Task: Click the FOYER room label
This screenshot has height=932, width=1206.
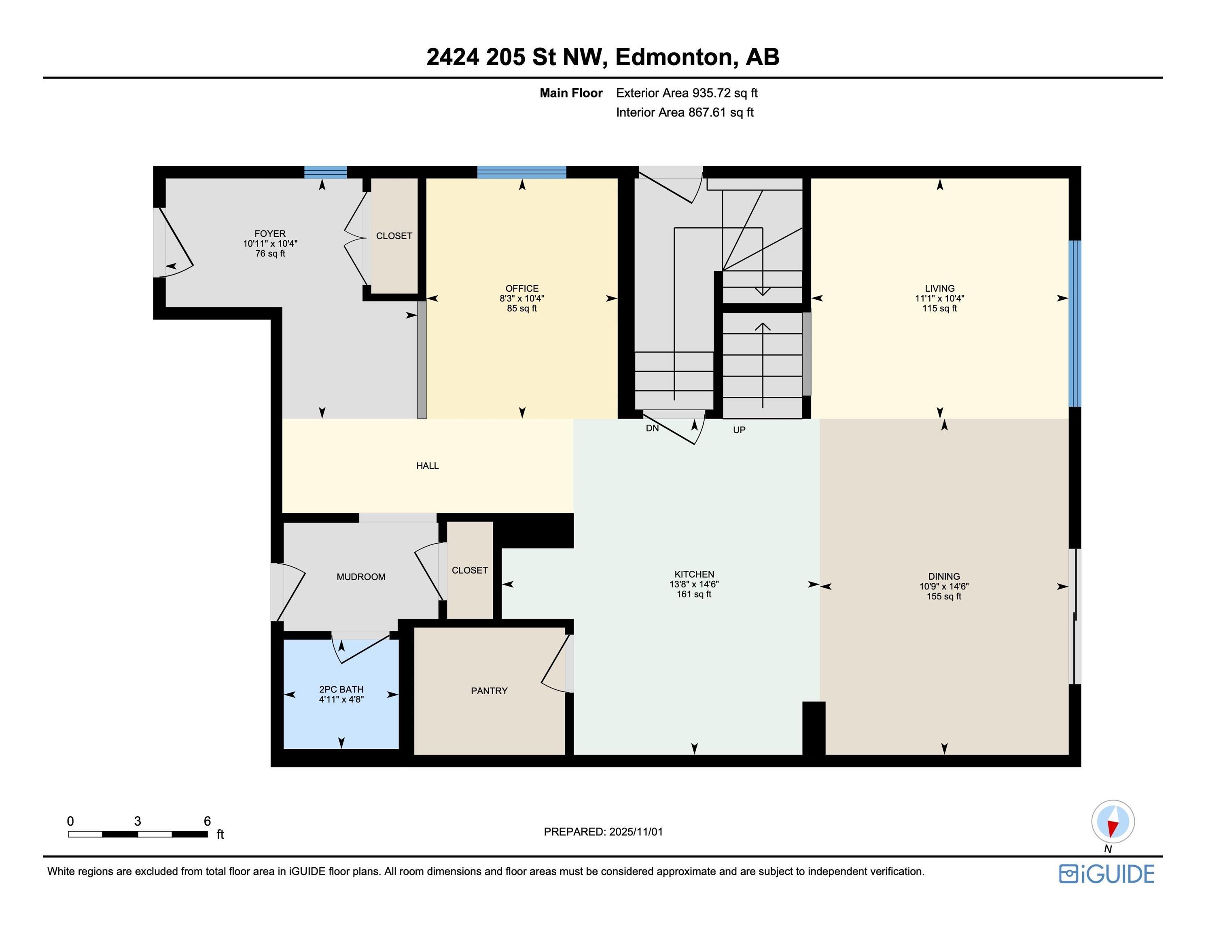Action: tap(269, 233)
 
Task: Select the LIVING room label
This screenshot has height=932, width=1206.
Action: tap(939, 288)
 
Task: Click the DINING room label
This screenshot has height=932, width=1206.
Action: tap(944, 576)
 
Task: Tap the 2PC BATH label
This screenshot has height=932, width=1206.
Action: tap(341, 689)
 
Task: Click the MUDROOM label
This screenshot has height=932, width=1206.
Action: tap(360, 576)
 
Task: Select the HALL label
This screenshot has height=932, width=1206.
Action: tap(427, 466)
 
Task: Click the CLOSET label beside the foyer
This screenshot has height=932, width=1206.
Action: tap(394, 236)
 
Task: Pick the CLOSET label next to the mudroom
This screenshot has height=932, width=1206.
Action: tap(469, 570)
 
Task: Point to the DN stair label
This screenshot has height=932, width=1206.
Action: tap(652, 428)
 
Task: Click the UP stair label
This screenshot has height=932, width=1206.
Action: tap(739, 430)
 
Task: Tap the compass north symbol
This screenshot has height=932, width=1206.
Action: tap(1113, 822)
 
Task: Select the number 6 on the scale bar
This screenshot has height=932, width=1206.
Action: tap(207, 821)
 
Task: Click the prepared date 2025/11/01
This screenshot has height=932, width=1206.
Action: tap(636, 832)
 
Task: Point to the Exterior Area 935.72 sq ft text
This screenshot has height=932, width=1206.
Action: tap(687, 93)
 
